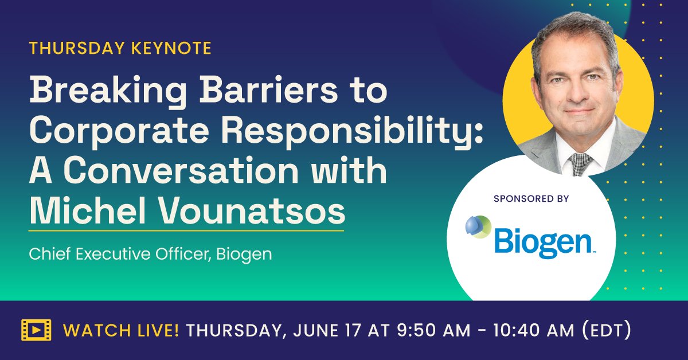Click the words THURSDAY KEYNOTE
click(x=120, y=48)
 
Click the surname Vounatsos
click(x=247, y=212)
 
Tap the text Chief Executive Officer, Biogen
click(x=150, y=253)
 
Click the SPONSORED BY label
click(x=530, y=199)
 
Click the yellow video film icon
click(x=36, y=330)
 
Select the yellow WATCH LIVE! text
click(x=121, y=330)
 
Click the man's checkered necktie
click(x=581, y=163)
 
